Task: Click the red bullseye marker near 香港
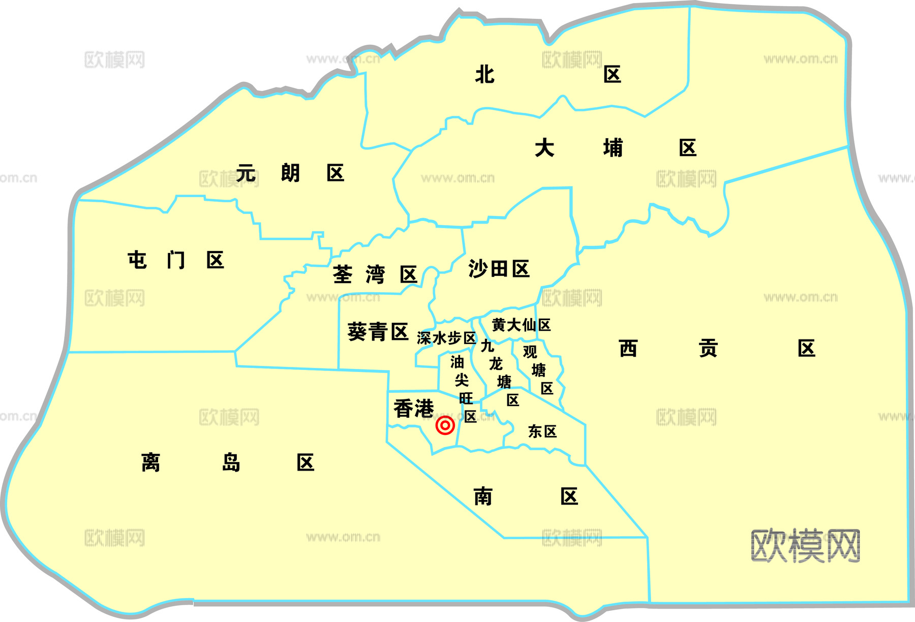pos(445,425)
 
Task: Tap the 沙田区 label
pos(499,269)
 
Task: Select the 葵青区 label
pos(378,332)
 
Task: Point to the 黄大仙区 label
pos(521,325)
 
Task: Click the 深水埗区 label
pos(446,338)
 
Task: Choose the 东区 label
pos(542,431)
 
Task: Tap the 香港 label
pos(414,409)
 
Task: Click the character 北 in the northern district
pos(484,75)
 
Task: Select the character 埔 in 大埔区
pos(613,148)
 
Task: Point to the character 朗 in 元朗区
pos(290,173)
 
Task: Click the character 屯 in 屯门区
pos(137,260)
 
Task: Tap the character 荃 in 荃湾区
pos(343,275)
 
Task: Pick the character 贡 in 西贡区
pos(708,349)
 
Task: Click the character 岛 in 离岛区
pos(231,463)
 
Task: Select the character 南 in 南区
pos(483,496)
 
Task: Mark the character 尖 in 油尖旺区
pos(462,380)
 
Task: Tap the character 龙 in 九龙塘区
pos(496,364)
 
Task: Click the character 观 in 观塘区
pos(530,352)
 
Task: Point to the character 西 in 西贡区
pos(628,349)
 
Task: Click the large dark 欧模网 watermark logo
pos(805,546)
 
